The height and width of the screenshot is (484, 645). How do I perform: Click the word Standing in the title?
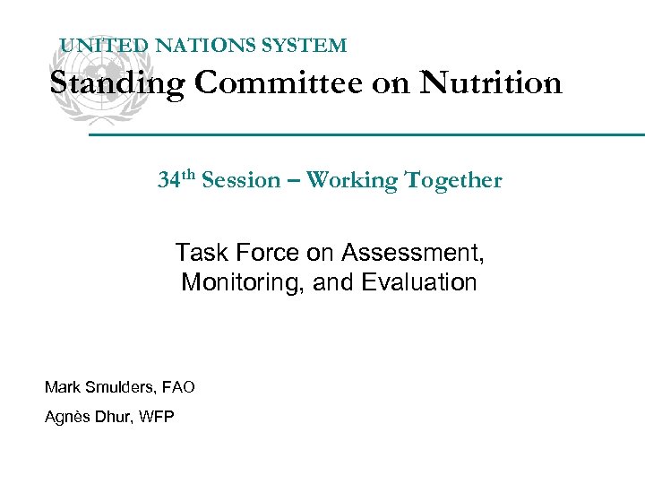(117, 83)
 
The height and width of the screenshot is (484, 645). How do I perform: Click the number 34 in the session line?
(168, 180)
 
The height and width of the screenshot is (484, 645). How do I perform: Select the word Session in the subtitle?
(241, 180)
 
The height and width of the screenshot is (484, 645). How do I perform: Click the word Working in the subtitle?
(351, 180)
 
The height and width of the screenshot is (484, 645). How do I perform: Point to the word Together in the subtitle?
(453, 180)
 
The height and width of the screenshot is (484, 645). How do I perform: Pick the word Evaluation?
(419, 283)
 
